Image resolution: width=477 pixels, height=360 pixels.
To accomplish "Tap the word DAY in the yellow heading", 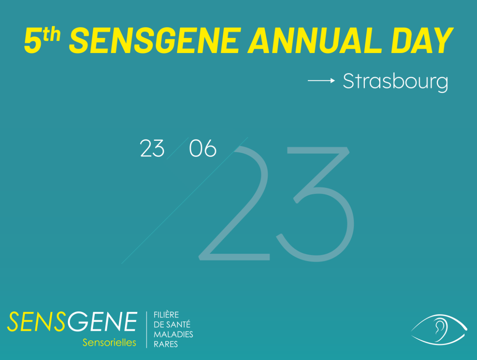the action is click(422, 41).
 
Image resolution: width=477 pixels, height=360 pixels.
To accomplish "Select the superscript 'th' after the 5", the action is click(51, 34).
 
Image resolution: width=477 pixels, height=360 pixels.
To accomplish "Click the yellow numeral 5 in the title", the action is click(33, 41).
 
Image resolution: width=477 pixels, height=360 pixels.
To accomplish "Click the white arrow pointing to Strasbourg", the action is click(322, 81).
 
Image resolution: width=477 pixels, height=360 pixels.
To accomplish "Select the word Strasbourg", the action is click(396, 82).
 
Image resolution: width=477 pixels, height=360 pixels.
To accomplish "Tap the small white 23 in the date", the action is click(152, 148).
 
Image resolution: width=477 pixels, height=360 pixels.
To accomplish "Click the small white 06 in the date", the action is click(203, 148).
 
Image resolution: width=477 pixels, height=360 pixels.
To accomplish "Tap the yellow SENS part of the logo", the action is click(37, 321).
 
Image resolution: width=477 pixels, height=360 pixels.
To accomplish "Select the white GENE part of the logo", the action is click(102, 321).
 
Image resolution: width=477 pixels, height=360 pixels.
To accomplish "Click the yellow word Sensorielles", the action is click(109, 343).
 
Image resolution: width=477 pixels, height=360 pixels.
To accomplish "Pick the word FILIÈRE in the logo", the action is click(166, 315).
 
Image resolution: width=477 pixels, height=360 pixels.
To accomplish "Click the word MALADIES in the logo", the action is click(173, 335).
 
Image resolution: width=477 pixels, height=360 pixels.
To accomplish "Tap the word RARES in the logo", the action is click(166, 344).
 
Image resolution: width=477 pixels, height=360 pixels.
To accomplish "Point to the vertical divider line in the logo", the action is click(147, 330).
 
